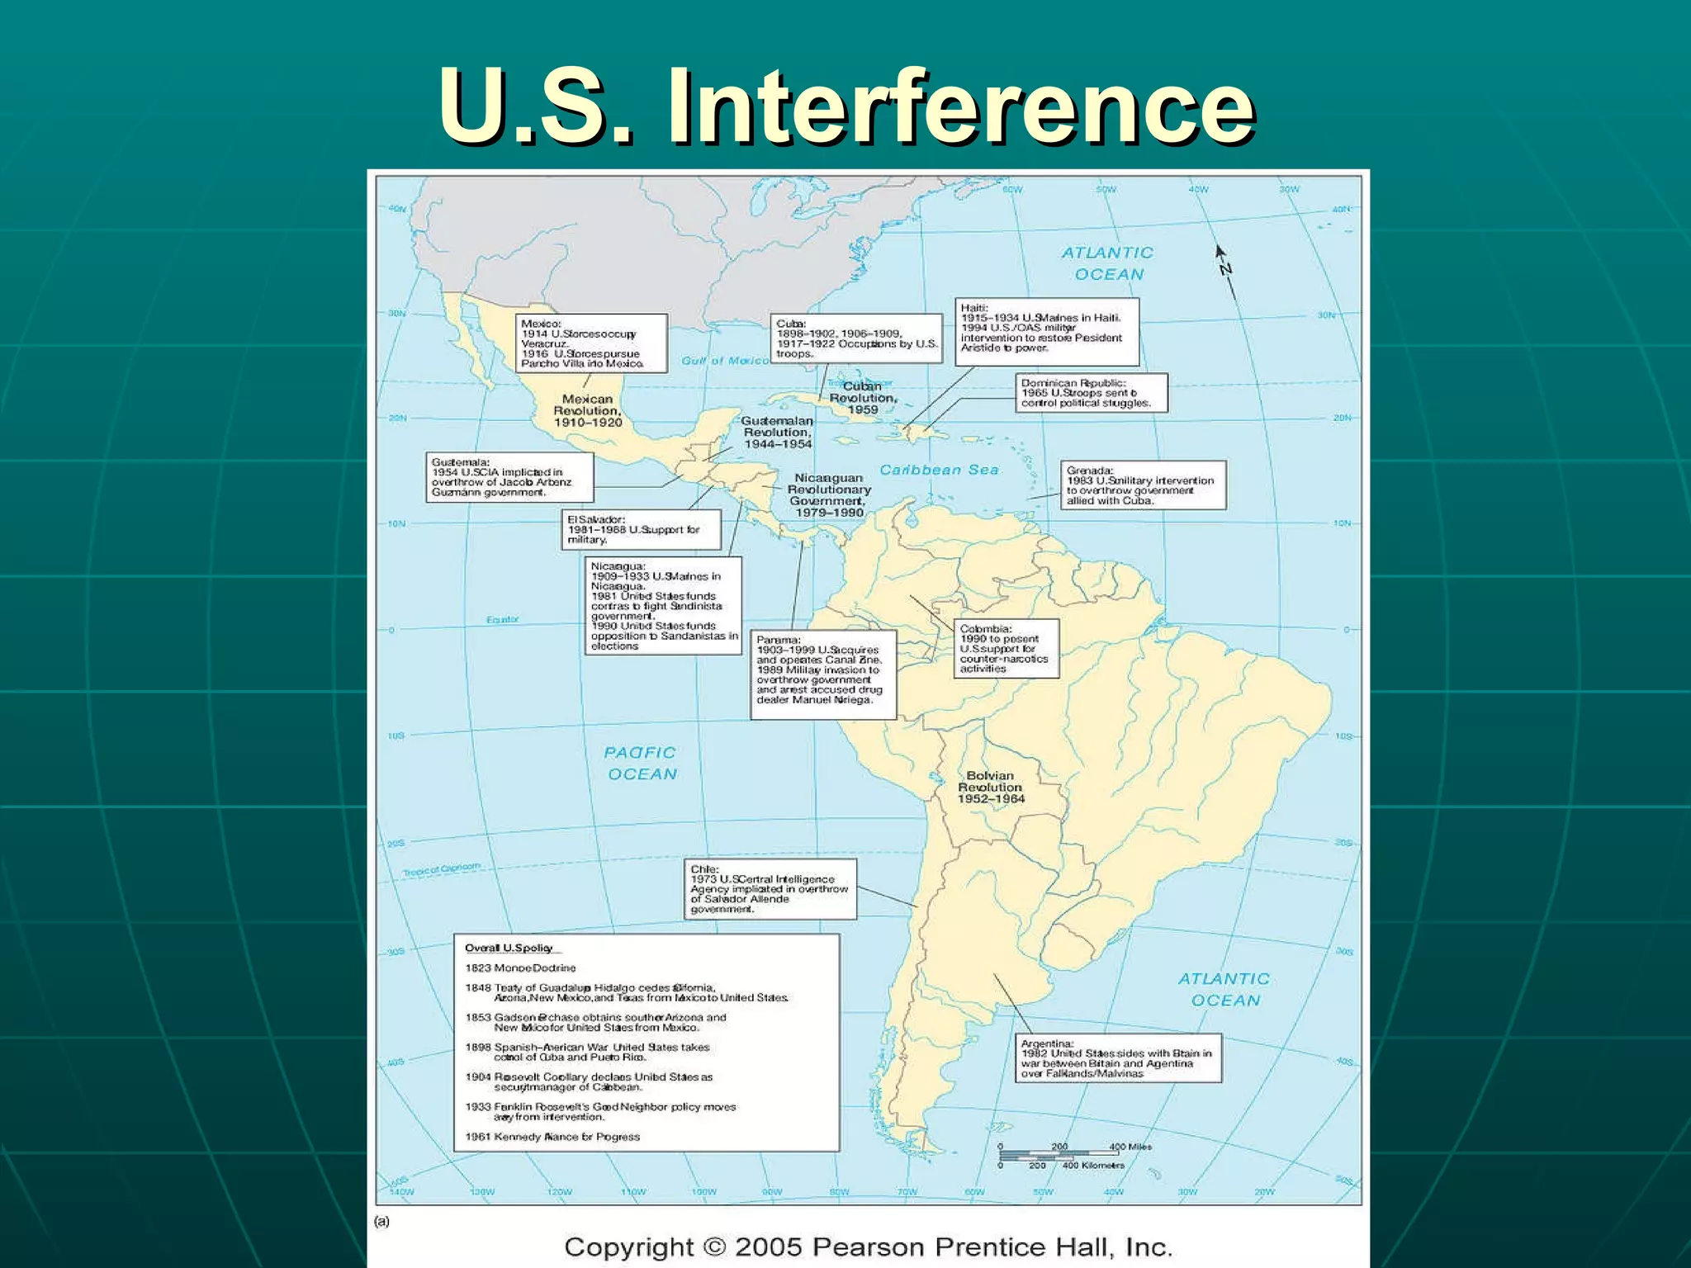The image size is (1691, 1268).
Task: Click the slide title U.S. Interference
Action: (x=847, y=107)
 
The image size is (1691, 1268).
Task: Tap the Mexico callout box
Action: (x=591, y=343)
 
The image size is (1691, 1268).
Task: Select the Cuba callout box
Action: (x=856, y=338)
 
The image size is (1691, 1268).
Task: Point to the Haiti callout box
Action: (x=1046, y=332)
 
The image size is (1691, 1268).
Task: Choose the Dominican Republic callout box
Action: (x=1091, y=393)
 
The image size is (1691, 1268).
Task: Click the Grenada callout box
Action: (x=1144, y=485)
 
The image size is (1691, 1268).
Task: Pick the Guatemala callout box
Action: (x=509, y=477)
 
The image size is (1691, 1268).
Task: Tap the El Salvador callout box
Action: (x=641, y=529)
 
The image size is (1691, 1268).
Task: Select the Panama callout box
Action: (x=822, y=674)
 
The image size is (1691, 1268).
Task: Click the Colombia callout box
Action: (x=1006, y=649)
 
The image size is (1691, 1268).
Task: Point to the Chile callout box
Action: (x=770, y=889)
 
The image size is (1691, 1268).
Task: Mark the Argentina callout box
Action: (x=1120, y=1058)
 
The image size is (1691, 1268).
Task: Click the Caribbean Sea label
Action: (x=939, y=470)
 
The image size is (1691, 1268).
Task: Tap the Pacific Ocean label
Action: (x=641, y=764)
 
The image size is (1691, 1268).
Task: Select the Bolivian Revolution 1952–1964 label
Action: (x=991, y=787)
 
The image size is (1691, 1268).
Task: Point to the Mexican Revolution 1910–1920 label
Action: (x=587, y=410)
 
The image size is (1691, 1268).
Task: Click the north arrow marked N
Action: (x=1224, y=268)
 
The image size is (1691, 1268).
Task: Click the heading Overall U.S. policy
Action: (x=509, y=948)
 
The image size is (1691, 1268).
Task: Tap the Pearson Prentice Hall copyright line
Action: (x=868, y=1247)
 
